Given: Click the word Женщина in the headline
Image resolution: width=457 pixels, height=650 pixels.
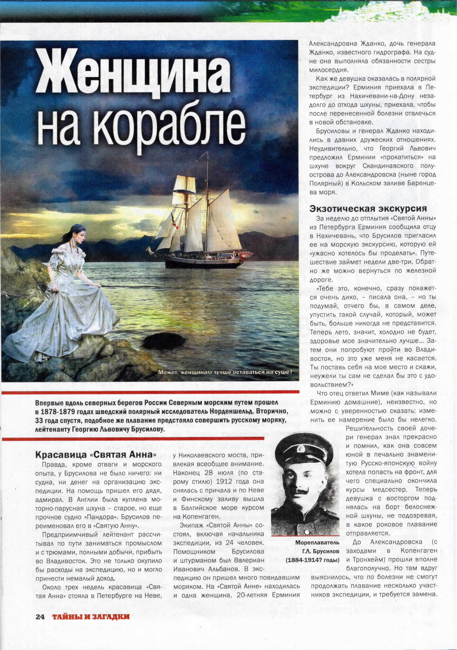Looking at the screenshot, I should pos(133,71).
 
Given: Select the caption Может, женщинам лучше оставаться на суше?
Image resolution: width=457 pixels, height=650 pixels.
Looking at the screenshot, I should pos(225,372).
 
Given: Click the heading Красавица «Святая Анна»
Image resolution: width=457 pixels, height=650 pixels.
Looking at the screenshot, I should pos(96,454).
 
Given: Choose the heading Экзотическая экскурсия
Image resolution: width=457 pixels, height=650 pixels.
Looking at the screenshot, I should pos(368,208).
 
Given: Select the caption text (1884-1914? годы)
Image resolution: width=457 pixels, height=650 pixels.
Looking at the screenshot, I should pos(312,560).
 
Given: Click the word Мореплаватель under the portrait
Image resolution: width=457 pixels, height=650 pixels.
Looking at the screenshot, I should pos(312,542).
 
